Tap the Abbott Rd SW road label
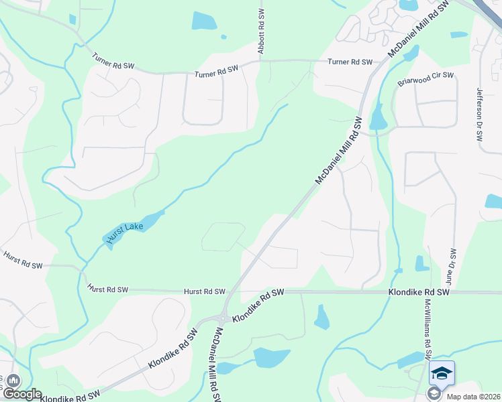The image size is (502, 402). tap(261, 31)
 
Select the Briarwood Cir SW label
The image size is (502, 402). tap(425, 79)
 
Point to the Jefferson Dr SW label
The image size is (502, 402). tap(479, 114)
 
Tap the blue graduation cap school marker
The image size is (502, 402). tap(442, 373)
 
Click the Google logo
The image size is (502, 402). tap(21, 394)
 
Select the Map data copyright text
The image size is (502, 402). tap(473, 397)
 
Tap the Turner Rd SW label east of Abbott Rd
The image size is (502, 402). tap(350, 62)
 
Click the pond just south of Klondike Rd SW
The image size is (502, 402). tap(322, 318)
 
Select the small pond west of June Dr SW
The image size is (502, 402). tap(421, 263)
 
